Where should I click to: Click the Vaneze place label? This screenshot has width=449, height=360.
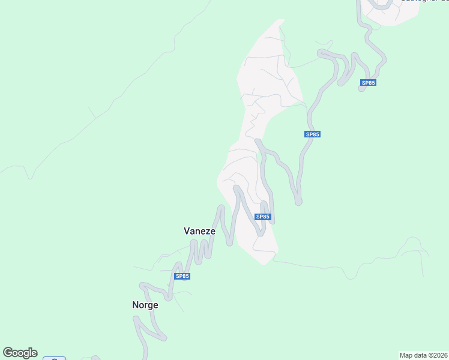[199, 230]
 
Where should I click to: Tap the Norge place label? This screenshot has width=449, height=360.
[145, 305]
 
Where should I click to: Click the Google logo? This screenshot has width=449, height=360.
[20, 353]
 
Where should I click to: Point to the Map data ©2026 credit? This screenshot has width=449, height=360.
[423, 355]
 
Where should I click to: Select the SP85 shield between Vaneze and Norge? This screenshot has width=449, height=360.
[182, 276]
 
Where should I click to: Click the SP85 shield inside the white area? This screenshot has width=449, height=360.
[263, 217]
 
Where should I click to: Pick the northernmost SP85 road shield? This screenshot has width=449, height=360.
[369, 82]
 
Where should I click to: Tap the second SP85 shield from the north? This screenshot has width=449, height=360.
[312, 134]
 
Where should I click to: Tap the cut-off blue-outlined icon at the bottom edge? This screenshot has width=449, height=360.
[54, 359]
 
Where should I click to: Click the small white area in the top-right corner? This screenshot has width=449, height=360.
[393, 15]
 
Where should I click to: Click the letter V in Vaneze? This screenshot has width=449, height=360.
[186, 230]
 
